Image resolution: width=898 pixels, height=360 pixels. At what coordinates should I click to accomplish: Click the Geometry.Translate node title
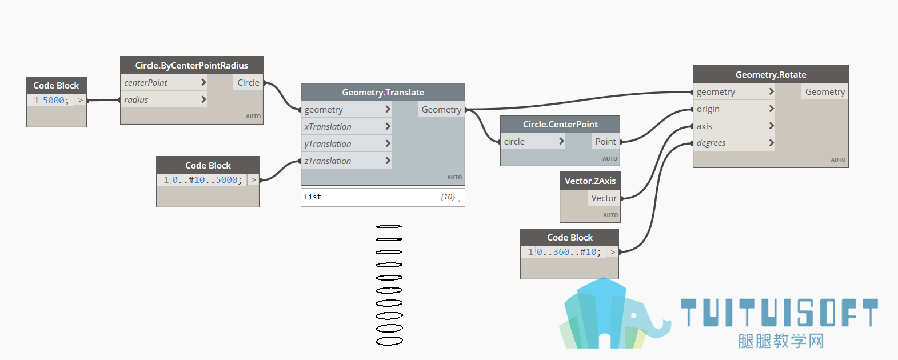pos(383,92)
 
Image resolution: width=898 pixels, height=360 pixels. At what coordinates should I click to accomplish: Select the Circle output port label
pos(248,83)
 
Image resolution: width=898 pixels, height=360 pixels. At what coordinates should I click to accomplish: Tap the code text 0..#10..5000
pos(205,180)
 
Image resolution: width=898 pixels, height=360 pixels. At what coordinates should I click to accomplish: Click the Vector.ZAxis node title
pos(590,181)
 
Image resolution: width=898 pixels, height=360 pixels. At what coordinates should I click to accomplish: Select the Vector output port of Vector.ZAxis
pos(604,198)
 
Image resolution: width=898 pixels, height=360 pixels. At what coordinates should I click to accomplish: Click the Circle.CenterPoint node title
pos(560,124)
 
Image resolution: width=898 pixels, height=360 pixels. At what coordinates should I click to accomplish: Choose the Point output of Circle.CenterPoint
pos(605,142)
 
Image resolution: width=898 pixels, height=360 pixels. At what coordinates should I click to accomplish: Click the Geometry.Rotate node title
pos(771,74)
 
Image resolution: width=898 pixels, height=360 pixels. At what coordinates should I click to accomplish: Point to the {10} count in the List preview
pos(448,197)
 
